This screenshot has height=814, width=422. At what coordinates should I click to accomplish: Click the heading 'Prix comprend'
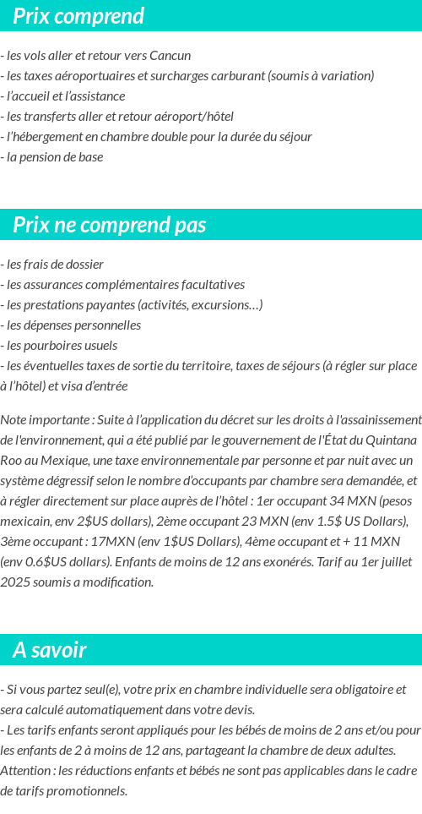78,16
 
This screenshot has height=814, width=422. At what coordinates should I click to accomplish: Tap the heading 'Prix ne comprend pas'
110,225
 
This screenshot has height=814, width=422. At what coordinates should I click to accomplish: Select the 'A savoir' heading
50,650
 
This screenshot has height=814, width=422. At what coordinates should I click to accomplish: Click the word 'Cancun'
170,56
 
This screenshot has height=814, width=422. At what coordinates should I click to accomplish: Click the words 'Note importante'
46,420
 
